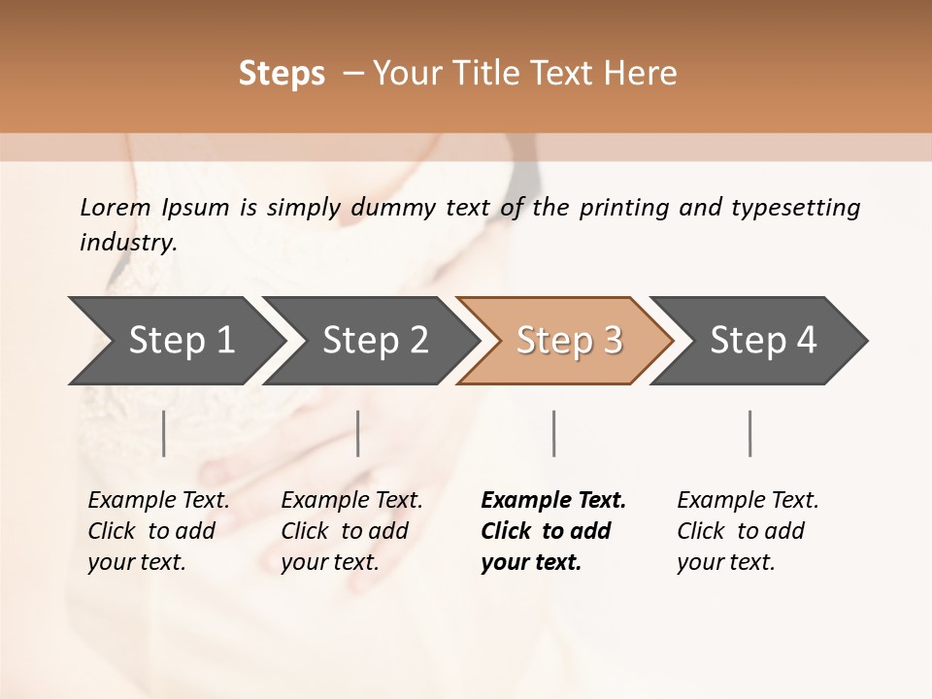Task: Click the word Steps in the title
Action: coord(282,74)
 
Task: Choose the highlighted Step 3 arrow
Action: coord(569,340)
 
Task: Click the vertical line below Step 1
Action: coord(164,433)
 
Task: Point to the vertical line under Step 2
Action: coord(358,433)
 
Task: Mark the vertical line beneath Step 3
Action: coord(554,433)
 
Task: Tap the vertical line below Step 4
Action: coord(750,433)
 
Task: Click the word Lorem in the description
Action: coord(116,207)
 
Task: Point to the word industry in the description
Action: coord(128,243)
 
